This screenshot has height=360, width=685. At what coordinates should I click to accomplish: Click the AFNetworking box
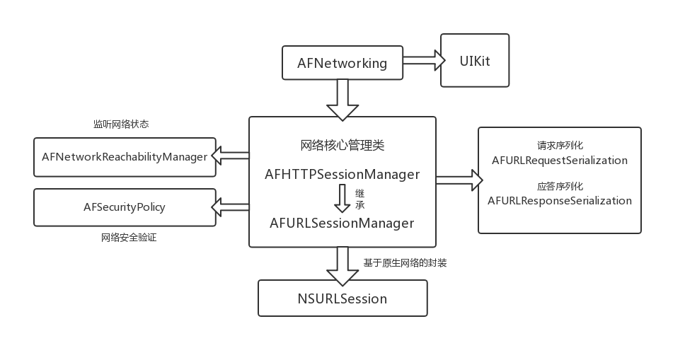342,63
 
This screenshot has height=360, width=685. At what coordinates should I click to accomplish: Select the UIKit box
474,61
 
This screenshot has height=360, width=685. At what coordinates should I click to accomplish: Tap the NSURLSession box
342,298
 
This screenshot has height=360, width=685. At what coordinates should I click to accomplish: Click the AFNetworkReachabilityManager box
125,157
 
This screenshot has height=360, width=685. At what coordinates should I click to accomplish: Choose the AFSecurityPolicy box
125,207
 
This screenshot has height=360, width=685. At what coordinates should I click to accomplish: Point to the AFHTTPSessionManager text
342,174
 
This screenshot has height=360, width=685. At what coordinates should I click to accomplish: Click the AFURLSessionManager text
342,223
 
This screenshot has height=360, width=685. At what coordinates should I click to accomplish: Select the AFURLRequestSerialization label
559,161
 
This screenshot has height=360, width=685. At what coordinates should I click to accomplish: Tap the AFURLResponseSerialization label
559,201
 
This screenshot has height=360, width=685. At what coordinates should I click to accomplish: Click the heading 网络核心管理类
342,146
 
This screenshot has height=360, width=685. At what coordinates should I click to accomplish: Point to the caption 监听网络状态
121,124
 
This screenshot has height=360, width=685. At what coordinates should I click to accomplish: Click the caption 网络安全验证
129,238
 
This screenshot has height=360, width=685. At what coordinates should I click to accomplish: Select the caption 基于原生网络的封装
405,263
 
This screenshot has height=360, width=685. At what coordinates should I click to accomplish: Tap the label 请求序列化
560,146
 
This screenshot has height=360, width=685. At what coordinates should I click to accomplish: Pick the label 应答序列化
560,187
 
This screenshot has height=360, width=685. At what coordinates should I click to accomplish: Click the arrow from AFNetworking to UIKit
423,62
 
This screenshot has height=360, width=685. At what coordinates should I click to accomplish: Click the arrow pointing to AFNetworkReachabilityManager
232,156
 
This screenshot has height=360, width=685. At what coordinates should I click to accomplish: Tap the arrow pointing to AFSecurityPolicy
232,207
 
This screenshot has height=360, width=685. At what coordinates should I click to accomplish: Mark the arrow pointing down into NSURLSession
342,265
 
